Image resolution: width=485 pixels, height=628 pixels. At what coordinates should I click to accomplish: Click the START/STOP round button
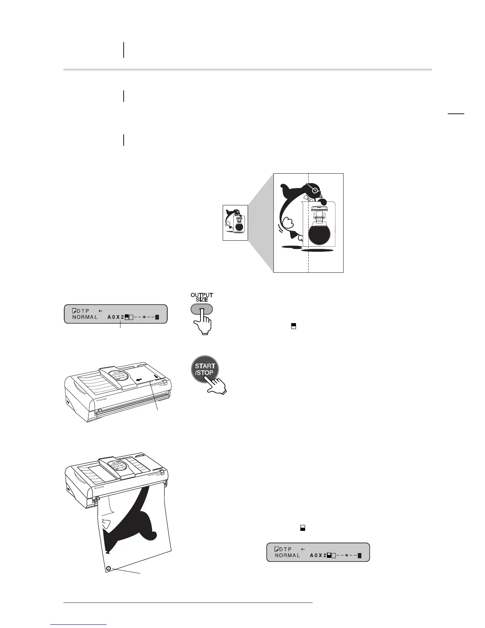[204, 369]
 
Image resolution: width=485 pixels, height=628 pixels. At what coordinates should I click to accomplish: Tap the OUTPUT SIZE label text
[202, 297]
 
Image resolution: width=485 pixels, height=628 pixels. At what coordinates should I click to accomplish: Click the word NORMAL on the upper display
[85, 317]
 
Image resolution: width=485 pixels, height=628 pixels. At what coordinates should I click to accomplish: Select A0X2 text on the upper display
[116, 317]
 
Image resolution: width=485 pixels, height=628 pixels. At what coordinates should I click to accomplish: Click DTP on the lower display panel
[285, 549]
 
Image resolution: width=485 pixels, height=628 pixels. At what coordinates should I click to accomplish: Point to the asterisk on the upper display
[144, 317]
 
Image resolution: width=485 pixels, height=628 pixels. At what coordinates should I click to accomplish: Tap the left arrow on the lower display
[303, 549]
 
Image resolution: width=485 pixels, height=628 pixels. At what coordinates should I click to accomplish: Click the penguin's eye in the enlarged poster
[315, 191]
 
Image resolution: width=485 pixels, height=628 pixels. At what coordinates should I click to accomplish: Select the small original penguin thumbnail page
[235, 222]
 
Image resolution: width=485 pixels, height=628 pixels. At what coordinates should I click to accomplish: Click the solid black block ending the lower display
[359, 555]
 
